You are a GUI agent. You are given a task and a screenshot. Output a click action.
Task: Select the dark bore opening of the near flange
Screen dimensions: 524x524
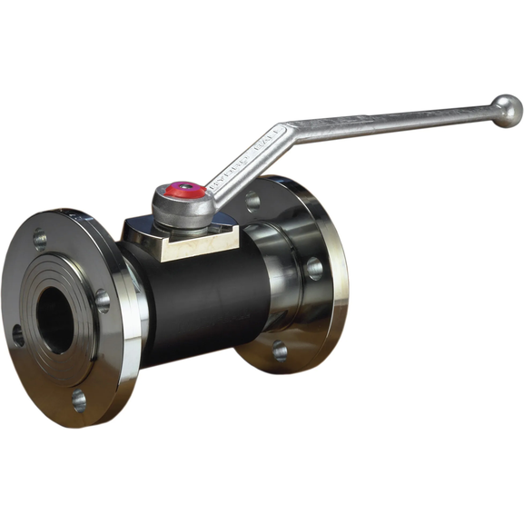[x=54, y=318]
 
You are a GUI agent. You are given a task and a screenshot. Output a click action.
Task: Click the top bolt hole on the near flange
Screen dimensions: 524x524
[x=39, y=240]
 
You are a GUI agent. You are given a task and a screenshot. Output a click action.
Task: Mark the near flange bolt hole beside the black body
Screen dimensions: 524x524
[x=103, y=300]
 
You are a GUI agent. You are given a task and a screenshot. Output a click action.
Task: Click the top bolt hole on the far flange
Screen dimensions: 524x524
[x=252, y=199]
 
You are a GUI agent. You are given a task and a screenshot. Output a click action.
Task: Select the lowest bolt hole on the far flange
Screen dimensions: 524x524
[x=280, y=350]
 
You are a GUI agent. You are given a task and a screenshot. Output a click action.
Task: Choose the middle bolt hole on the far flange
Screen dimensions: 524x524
[x=313, y=268]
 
